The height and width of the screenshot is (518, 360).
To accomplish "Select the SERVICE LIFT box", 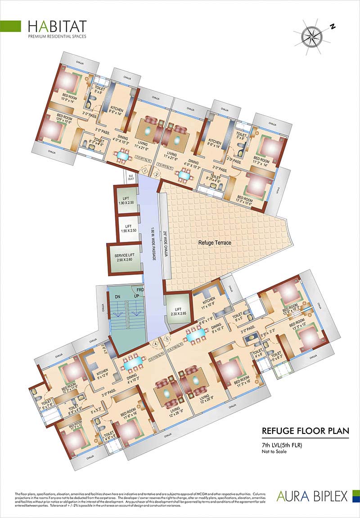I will [125, 259].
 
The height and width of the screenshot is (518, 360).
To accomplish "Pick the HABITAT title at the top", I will [57, 26].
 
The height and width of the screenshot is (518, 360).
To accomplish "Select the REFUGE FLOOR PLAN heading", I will [305, 431].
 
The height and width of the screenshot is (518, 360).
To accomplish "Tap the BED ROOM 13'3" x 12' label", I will [299, 326].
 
